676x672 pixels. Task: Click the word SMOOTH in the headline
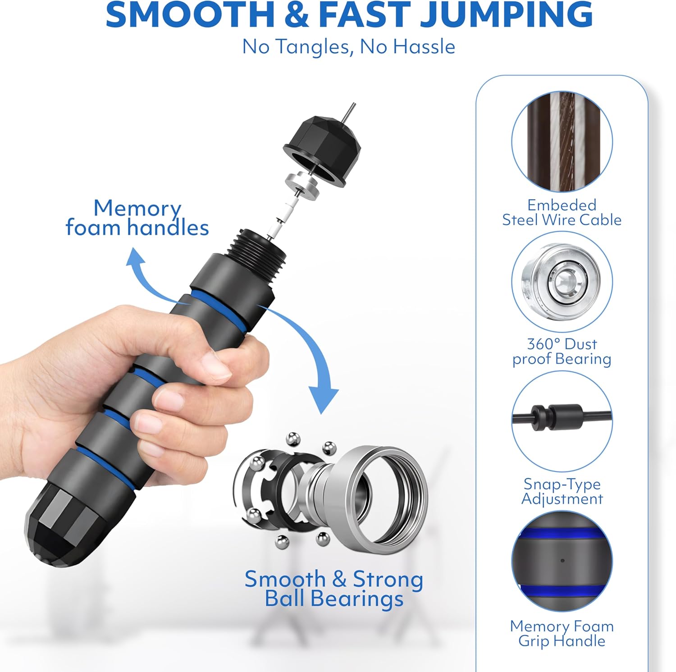[190, 14]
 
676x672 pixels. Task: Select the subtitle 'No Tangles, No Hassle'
[348, 46]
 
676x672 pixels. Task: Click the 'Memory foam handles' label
[137, 218]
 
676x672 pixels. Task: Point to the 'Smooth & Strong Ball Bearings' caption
[334, 589]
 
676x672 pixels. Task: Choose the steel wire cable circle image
[562, 142]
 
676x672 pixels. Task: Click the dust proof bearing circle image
[562, 282]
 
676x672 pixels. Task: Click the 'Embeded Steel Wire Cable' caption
[562, 212]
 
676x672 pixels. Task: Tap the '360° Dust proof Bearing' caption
[562, 351]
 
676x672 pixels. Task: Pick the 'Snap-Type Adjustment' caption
[562, 491]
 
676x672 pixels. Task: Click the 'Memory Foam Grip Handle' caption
[562, 633]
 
